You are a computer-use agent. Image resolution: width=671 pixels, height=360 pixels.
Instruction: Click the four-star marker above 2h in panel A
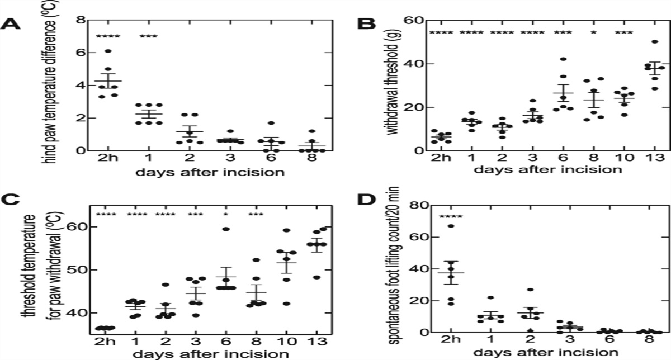pos(108,37)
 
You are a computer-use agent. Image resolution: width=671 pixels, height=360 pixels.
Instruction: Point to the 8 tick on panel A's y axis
pos(81,20)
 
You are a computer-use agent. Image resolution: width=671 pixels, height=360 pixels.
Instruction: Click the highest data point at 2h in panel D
pos(450,226)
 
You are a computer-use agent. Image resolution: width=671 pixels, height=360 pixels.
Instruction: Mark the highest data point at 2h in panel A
pos(108,51)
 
